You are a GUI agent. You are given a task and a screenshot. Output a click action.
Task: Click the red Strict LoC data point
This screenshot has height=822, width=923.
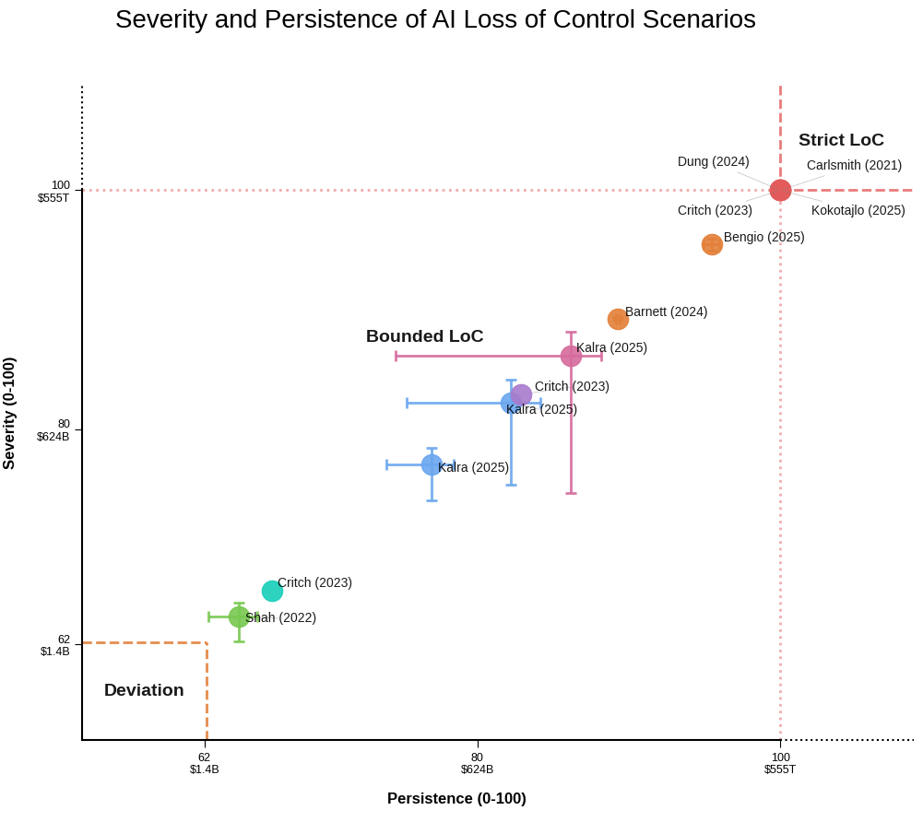[x=780, y=191]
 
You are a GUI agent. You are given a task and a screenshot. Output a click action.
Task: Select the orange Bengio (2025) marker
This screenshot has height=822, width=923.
[x=712, y=245]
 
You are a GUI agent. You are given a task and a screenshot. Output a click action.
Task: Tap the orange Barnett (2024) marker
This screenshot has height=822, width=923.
[x=618, y=320]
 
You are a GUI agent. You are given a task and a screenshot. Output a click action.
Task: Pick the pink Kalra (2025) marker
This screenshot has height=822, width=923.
[x=571, y=357]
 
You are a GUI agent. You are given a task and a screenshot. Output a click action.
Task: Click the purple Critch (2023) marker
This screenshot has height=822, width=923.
[x=522, y=394]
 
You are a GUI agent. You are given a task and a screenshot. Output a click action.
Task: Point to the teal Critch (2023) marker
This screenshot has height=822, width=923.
[x=272, y=592]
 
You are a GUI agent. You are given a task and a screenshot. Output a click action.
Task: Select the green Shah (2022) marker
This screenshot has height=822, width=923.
[x=239, y=617]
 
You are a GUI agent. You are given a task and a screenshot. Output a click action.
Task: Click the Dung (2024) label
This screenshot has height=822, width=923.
[x=713, y=162]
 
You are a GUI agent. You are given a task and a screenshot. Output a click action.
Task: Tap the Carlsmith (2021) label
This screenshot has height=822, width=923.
[x=854, y=166]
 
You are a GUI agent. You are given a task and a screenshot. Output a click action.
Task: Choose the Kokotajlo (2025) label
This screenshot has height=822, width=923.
[x=858, y=210]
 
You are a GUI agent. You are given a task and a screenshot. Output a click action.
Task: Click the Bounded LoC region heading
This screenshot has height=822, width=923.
[x=424, y=336]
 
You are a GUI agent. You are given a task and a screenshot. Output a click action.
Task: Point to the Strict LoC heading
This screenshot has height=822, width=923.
[x=841, y=140]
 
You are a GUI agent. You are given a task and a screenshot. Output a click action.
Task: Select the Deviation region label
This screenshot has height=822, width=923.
[x=144, y=690]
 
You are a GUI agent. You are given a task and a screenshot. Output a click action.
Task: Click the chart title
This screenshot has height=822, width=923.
[x=435, y=19]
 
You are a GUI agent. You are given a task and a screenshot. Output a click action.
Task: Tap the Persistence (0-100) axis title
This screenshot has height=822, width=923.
[x=456, y=799]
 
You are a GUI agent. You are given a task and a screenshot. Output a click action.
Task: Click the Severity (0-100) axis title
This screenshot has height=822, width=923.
[x=9, y=414]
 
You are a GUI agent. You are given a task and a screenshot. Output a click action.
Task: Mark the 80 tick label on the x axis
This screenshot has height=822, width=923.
[x=477, y=757]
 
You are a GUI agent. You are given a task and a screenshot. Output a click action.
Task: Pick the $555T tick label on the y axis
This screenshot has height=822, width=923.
[x=53, y=198]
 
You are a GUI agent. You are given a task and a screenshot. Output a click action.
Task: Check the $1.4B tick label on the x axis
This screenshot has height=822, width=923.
[x=204, y=769]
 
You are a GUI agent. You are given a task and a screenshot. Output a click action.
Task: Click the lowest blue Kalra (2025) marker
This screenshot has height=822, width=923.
[x=432, y=465]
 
